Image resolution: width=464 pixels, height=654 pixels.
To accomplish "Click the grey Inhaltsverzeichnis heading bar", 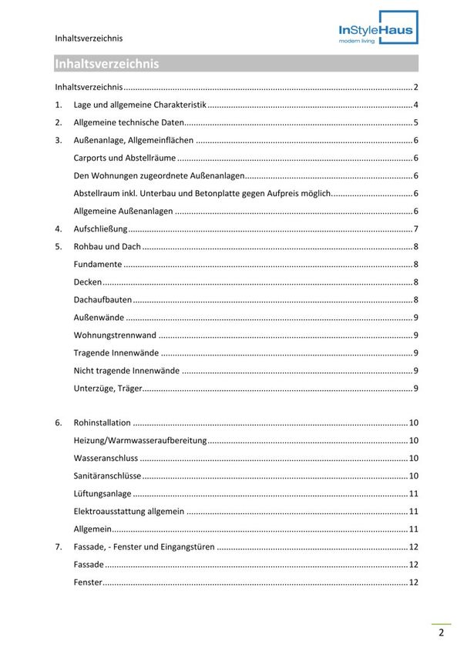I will [236, 64].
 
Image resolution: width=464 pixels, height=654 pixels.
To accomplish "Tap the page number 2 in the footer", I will [441, 633].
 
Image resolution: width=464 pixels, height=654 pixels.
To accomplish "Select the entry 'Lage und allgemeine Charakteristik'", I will [140, 105].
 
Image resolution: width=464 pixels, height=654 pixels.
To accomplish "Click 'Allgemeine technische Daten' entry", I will [129, 122].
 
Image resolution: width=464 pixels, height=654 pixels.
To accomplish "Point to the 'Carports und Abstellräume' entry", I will [124, 158].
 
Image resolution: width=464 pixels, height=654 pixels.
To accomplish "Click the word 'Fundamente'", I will [97, 264].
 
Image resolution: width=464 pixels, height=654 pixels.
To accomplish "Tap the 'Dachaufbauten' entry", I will [103, 299].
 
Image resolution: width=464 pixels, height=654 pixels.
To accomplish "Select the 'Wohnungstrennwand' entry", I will [115, 335].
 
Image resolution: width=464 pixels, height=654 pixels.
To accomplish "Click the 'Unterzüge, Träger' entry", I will [108, 388].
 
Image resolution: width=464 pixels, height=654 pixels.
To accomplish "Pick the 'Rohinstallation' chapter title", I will [102, 422].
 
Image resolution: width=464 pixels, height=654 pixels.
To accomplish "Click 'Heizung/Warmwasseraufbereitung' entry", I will [140, 440].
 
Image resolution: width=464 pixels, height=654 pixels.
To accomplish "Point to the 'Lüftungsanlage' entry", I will [103, 493].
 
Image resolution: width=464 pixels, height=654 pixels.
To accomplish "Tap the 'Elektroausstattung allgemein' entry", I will [129, 511].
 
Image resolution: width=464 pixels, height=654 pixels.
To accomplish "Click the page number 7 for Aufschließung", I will [415, 229].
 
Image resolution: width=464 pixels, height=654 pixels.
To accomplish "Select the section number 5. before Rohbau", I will [59, 246].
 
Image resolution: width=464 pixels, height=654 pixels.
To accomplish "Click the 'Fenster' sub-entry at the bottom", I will [88, 582].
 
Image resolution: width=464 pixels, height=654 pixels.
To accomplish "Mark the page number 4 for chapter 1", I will [415, 105].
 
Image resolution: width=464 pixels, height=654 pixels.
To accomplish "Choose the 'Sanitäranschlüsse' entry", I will [107, 475].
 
